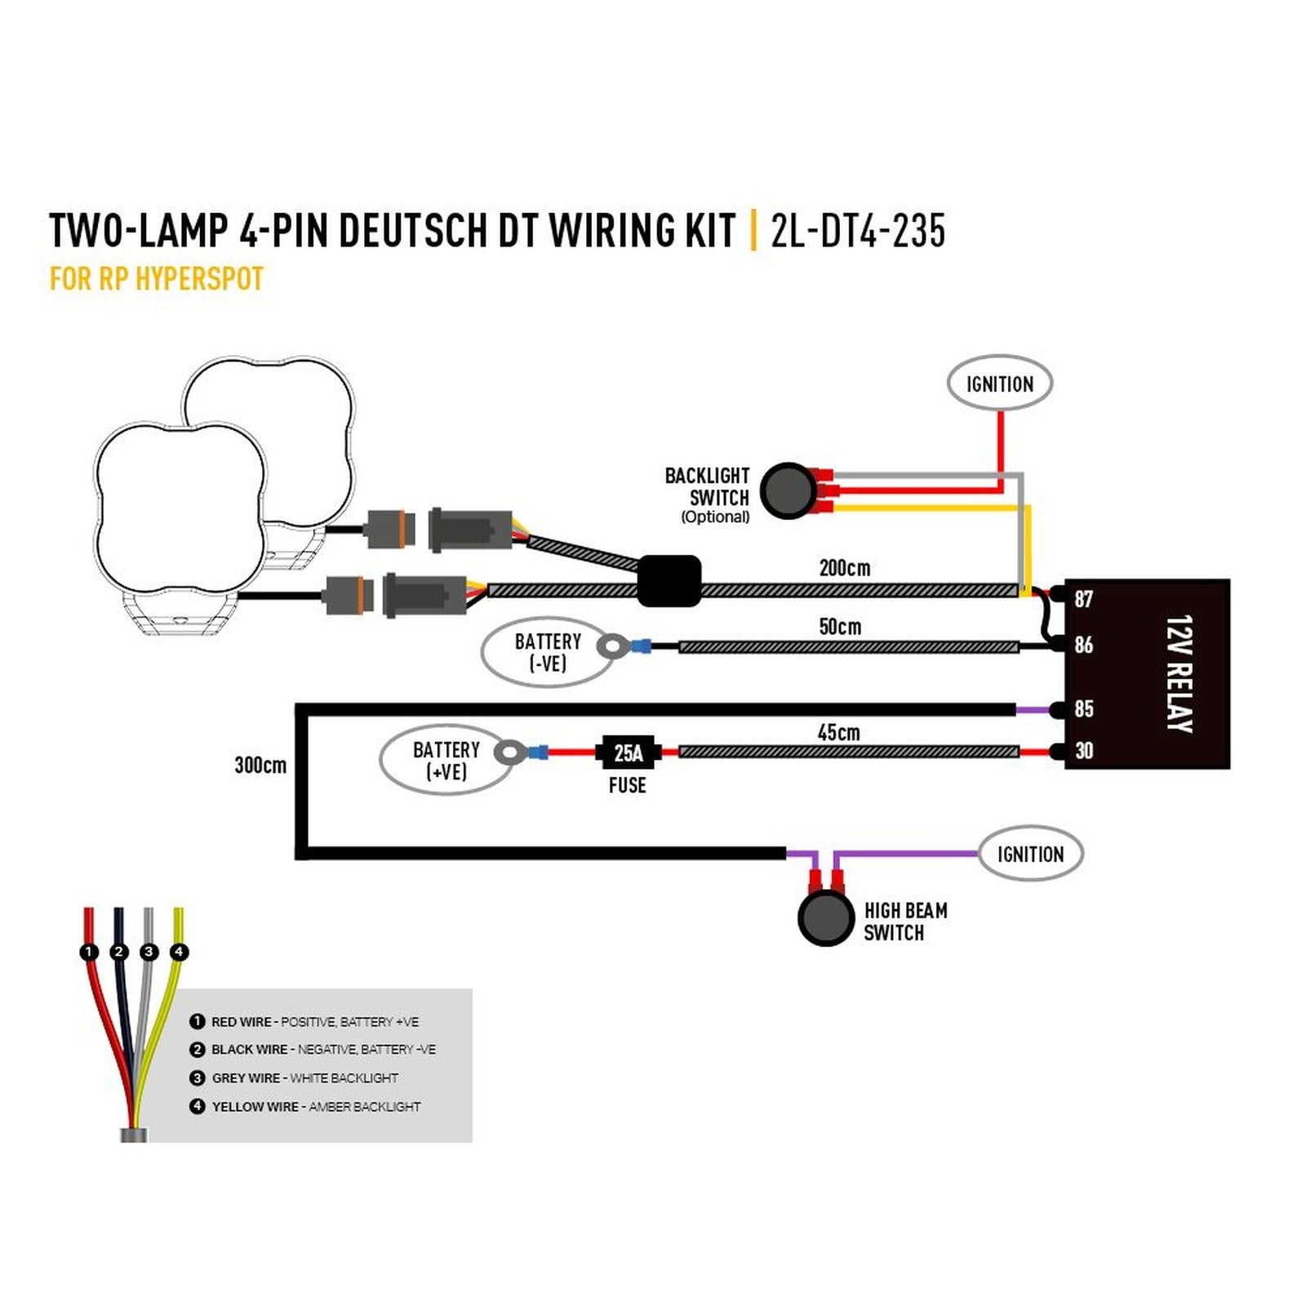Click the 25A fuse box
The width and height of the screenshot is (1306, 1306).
point(627,752)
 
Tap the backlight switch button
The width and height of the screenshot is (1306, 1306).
point(788,491)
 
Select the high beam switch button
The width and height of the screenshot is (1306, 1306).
point(825,918)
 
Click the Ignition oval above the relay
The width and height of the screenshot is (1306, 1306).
point(1000,384)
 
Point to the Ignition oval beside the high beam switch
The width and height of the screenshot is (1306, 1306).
point(1031,854)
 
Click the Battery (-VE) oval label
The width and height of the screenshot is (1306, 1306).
point(548,652)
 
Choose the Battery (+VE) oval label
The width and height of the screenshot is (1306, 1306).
point(446,760)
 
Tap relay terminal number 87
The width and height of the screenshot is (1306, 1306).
point(1083,599)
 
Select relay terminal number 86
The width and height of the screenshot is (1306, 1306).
point(1083,645)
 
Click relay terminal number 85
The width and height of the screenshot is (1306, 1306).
point(1083,709)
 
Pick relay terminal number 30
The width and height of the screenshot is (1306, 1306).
point(1083,751)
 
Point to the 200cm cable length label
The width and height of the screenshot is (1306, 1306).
point(845,567)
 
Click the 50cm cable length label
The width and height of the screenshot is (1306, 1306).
point(840,627)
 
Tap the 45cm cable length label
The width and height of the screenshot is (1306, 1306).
point(839,732)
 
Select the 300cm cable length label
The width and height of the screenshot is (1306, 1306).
point(260,765)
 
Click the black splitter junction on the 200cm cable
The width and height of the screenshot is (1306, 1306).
point(669,581)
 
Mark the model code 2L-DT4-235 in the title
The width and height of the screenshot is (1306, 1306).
point(858,230)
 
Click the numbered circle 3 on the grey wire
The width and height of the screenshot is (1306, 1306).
point(149,952)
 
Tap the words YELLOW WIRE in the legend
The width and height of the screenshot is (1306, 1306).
point(255,1107)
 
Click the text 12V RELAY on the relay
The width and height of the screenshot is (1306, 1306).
point(1179,674)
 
